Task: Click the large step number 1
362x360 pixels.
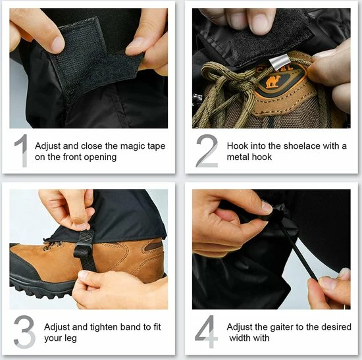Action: (x=22, y=151)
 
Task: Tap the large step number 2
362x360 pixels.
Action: (x=207, y=151)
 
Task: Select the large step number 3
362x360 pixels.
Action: (x=24, y=332)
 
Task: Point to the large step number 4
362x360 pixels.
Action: (x=207, y=332)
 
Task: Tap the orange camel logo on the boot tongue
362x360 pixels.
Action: (x=273, y=82)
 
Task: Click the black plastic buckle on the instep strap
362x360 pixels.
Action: (x=83, y=251)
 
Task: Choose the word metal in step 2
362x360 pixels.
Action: (x=238, y=157)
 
